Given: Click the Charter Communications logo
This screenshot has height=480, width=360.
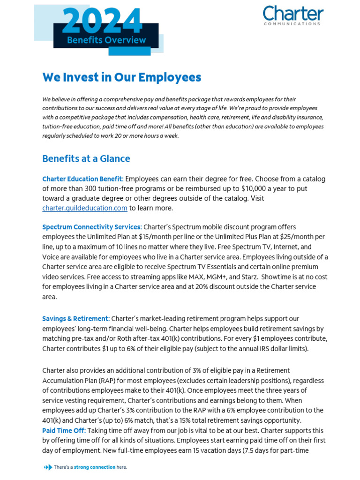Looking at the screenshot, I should (292, 15).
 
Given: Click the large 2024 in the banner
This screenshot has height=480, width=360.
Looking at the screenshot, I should (102, 21).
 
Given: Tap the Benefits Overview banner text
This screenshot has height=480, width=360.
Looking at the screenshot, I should (106, 40).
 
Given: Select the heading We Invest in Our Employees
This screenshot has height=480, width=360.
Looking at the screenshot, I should (121, 77).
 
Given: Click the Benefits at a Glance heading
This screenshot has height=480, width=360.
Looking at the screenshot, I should (86, 158).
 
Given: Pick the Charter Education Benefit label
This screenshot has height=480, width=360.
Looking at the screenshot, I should (83, 179).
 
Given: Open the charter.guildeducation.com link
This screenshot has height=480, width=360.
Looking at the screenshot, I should (84, 208).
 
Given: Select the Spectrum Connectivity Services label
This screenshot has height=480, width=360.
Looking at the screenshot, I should (92, 227).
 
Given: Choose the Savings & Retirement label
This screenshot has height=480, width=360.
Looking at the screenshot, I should (76, 319).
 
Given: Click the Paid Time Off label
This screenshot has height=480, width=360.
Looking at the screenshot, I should (64, 430).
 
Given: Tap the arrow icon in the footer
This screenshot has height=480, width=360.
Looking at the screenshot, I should (47, 467).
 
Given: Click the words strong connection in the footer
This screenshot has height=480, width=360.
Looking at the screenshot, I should (94, 467).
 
